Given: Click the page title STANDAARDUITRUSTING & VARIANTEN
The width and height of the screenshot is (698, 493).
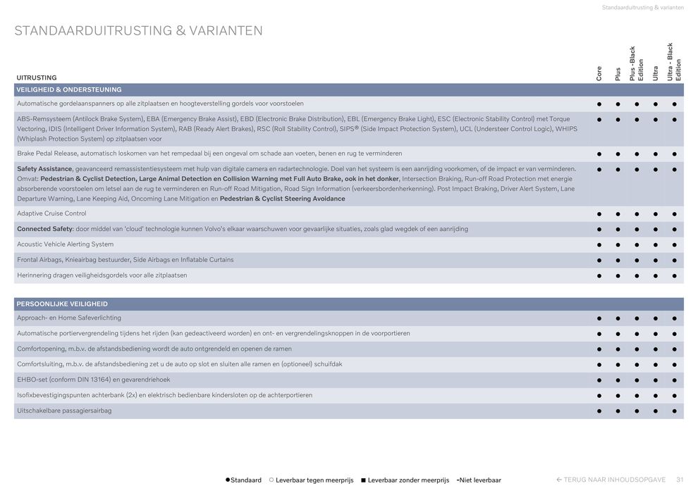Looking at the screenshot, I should click(138, 31).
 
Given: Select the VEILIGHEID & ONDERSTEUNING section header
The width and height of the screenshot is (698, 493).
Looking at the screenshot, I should click(69, 89).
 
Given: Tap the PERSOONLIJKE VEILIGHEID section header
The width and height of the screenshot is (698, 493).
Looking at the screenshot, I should click(62, 304).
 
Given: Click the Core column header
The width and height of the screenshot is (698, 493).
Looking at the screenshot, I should click(599, 73).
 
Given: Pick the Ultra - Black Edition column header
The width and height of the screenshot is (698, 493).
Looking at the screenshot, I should click(674, 62).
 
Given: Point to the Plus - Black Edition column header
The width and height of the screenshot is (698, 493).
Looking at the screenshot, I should click(637, 64).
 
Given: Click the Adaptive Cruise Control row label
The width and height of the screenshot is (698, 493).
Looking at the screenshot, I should click(51, 213).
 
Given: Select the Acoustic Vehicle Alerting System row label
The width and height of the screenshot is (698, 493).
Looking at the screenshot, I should click(65, 244).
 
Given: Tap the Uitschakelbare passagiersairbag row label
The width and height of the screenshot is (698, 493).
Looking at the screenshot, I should click(64, 411).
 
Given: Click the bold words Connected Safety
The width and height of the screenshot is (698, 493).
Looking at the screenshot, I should click(44, 229).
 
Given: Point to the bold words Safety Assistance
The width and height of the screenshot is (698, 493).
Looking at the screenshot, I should click(44, 168).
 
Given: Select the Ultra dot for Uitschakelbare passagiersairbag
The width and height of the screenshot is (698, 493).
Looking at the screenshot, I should click(656, 411).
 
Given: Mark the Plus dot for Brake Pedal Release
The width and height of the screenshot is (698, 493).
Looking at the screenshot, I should click(618, 153).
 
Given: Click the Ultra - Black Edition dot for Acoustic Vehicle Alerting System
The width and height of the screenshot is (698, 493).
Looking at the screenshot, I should click(675, 244).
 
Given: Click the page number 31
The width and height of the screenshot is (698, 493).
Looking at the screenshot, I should click(680, 480).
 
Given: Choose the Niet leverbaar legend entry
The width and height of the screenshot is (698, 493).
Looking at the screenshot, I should click(479, 480).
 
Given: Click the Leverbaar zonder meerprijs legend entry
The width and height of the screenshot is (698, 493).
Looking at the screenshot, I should click(405, 480).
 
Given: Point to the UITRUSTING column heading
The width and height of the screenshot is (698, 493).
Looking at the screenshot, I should click(37, 77).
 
